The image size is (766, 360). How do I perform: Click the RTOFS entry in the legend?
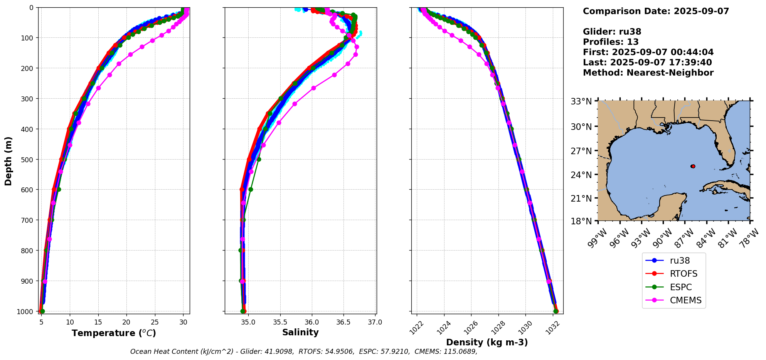tap(684, 274)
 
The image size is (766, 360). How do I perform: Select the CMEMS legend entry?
tap(685, 301)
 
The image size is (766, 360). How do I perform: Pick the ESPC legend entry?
tap(680, 288)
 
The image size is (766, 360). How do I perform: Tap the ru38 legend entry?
tap(680, 261)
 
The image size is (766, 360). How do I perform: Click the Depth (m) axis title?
tap(8, 161)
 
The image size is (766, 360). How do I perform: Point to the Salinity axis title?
tap(300, 333)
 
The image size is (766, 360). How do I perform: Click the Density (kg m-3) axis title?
tap(487, 342)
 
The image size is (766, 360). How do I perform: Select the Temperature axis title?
tap(114, 333)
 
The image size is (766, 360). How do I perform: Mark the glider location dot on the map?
tap(693, 167)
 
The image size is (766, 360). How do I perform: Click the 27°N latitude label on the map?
tap(581, 151)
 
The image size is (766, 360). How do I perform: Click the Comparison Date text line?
tap(656, 11)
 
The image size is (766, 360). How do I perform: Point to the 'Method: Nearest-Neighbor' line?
tap(648, 73)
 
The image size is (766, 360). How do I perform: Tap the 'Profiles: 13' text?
tap(611, 42)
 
